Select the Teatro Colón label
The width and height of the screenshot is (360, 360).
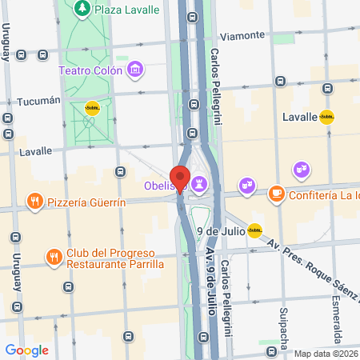(x=90, y=70)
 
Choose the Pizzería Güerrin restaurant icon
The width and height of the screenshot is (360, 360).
(x=34, y=202)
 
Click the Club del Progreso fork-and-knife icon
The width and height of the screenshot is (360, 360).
(x=54, y=257)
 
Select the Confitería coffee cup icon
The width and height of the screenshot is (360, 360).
(x=276, y=194)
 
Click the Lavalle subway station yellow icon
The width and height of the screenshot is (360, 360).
(x=326, y=117)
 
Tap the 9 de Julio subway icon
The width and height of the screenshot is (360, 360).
(x=254, y=231)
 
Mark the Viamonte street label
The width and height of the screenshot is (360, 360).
(x=242, y=36)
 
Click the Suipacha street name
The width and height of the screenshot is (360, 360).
(x=282, y=323)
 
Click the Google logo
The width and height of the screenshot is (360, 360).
(x=26, y=350)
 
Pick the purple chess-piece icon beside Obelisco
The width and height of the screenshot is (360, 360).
(x=200, y=185)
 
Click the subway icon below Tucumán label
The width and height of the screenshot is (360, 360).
(x=93, y=110)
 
